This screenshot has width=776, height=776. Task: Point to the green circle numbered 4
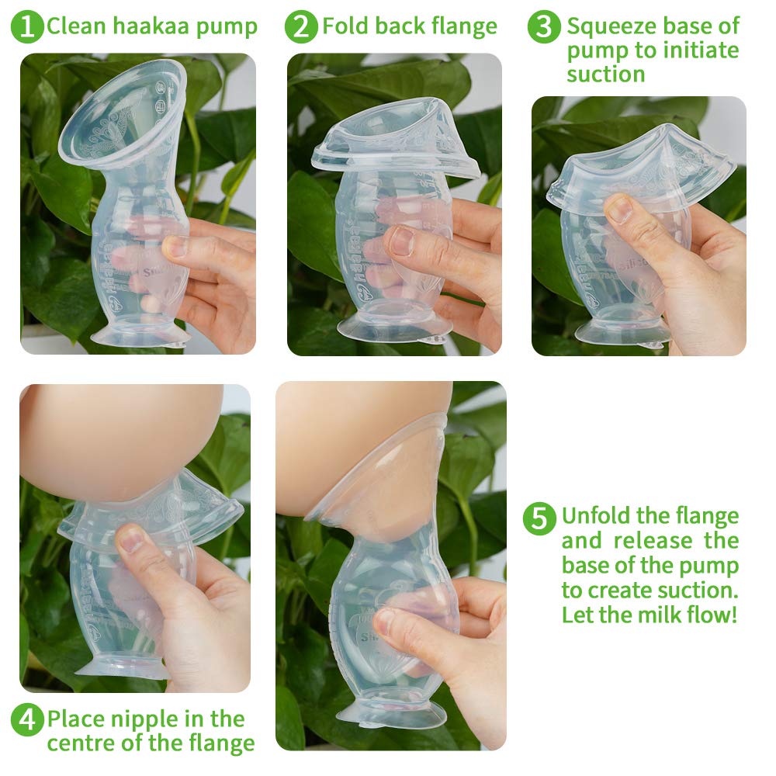coord(27,720)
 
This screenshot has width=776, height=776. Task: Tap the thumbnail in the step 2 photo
coord(401,241)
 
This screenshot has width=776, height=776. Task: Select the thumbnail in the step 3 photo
coord(619,210)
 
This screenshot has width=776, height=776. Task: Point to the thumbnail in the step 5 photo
coord(386,621)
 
